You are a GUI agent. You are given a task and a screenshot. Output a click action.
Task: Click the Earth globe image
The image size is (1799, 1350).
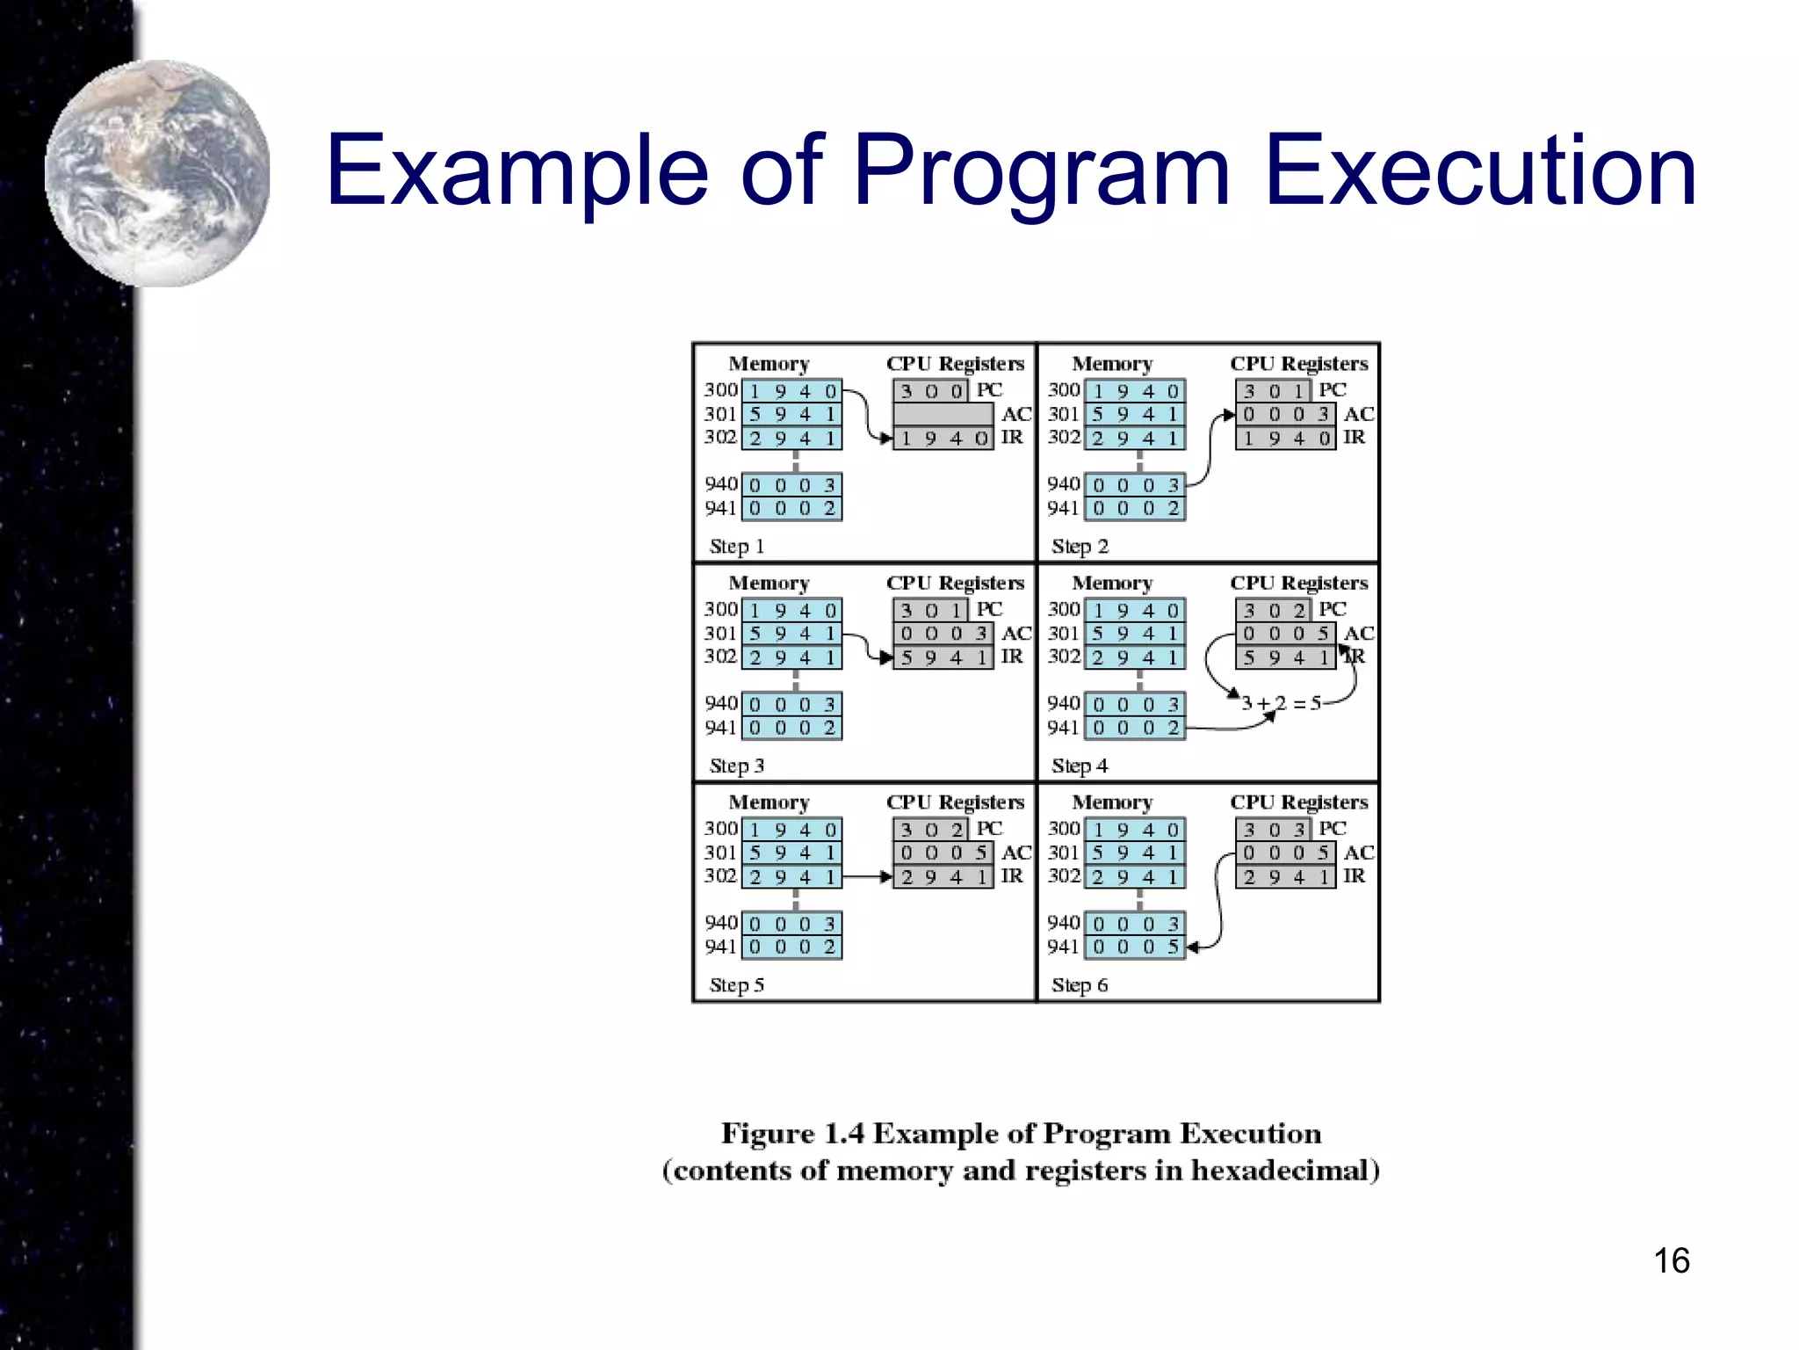pyautogui.click(x=158, y=174)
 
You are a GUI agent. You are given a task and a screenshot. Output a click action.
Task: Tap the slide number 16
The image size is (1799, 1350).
pyautogui.click(x=1671, y=1260)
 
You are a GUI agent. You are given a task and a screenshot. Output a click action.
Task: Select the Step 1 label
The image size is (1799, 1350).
pyautogui.click(x=736, y=547)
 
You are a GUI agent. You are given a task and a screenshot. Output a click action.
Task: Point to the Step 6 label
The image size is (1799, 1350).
pyautogui.click(x=1079, y=985)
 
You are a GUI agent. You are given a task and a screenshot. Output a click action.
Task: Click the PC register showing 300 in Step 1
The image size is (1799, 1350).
pyautogui.click(x=930, y=390)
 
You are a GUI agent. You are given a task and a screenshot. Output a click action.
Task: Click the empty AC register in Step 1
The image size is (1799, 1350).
pyautogui.click(x=943, y=414)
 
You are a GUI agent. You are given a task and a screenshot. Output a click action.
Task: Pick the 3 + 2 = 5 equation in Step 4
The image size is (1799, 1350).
pyautogui.click(x=1281, y=703)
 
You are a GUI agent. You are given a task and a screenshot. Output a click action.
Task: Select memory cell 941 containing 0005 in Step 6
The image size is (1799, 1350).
pyautogui.click(x=1135, y=947)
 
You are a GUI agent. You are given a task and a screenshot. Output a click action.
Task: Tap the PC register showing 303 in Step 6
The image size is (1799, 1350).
pyautogui.click(x=1273, y=829)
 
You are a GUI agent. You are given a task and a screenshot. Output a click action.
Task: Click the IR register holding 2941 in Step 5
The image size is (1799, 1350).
pyautogui.click(x=943, y=876)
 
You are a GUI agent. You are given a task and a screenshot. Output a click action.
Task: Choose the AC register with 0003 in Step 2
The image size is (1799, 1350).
pyautogui.click(x=1285, y=414)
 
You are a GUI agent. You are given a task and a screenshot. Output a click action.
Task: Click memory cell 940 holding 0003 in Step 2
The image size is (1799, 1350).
pyautogui.click(x=1135, y=485)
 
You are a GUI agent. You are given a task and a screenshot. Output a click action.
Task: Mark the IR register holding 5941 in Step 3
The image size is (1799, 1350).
pyautogui.click(x=943, y=657)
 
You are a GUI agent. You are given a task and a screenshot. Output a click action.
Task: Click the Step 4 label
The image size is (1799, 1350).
pyautogui.click(x=1079, y=766)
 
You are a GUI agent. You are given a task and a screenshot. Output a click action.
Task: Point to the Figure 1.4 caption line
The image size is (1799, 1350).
pyautogui.click(x=1021, y=1134)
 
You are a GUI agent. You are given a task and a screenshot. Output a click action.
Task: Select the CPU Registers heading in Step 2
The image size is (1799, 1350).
pyautogui.click(x=1298, y=364)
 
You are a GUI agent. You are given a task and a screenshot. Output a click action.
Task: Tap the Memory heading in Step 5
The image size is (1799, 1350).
pyautogui.click(x=769, y=802)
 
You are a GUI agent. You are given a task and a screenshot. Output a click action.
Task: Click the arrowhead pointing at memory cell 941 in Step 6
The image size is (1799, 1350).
pyautogui.click(x=1192, y=947)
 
